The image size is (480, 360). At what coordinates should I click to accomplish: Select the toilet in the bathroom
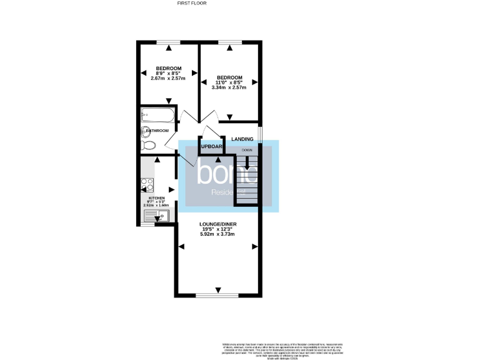click(149, 145)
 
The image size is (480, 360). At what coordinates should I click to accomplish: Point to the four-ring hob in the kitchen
click(147, 185)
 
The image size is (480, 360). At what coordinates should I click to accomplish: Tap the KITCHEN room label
click(156, 197)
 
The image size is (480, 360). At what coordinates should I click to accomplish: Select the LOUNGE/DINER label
click(217, 223)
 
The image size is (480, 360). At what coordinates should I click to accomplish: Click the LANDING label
click(242, 139)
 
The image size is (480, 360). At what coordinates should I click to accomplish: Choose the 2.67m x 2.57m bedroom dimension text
click(168, 78)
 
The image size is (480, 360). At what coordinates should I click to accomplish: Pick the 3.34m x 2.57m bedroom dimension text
click(230, 87)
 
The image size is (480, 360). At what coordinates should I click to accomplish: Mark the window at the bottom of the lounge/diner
click(217, 294)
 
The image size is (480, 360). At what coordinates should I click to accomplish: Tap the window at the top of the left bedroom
click(168, 42)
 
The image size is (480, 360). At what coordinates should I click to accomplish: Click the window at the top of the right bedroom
click(229, 42)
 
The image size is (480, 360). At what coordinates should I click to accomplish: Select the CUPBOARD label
click(211, 147)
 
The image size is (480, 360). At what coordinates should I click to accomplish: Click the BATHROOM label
click(158, 131)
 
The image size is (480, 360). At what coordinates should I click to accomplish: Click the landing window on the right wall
click(260, 134)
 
